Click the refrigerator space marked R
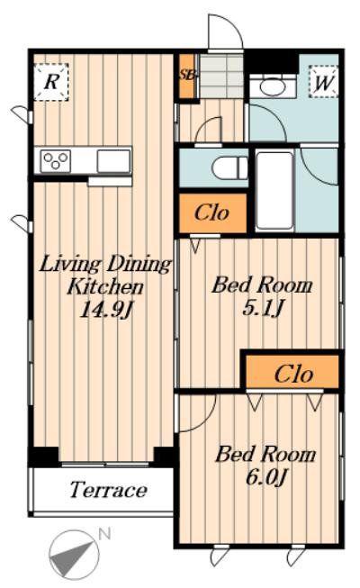pos(51,82)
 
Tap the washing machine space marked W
pos(323,82)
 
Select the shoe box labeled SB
pos(186,76)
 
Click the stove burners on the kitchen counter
pos(56,161)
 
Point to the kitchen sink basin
pos(113,161)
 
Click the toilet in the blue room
pos(229,168)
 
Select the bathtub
pos(274,191)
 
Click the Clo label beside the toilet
pos(211,213)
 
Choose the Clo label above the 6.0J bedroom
pos(293,375)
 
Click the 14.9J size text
pos(106,310)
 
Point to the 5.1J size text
pos(262,308)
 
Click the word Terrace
pos(108,490)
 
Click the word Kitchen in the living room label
pos(105,287)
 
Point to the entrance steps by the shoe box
pos(221,77)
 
